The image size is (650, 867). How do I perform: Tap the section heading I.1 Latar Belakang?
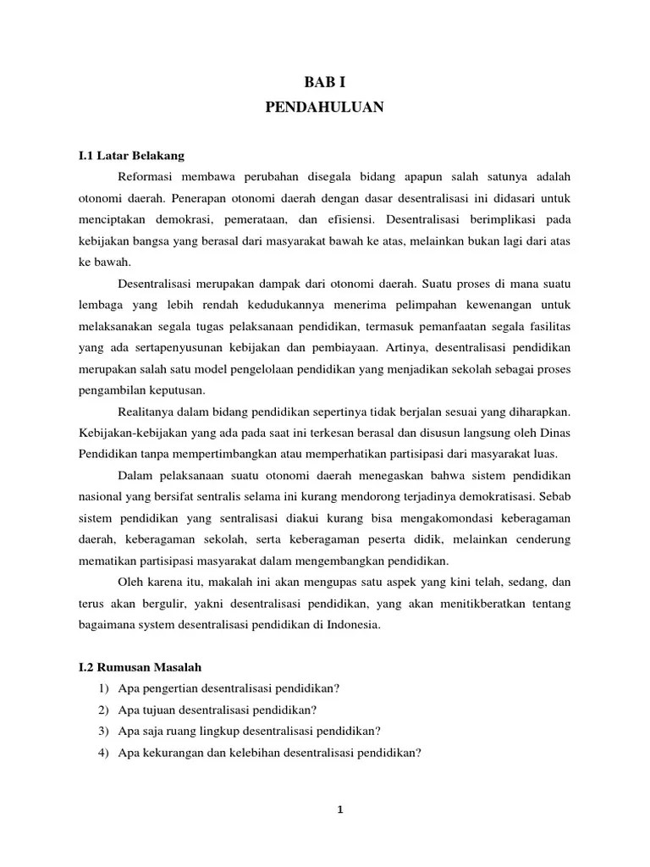(x=130, y=156)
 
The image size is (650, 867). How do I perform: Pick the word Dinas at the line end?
(x=554, y=433)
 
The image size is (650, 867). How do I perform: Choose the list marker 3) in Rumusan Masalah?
(x=104, y=731)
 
